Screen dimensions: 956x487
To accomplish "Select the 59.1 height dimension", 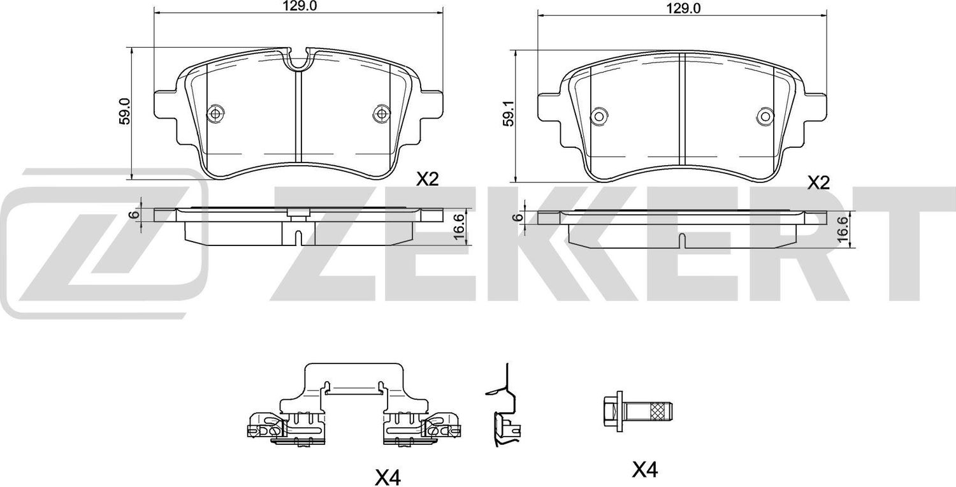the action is coord(508,113).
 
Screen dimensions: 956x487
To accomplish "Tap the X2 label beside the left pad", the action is coord(428,180).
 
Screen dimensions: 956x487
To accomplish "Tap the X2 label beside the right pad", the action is coord(819,183).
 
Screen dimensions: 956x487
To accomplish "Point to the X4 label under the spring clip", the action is coord(388,477).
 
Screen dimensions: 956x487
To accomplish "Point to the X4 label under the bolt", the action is coord(645,470).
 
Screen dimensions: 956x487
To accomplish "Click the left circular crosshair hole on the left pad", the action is coord(215,113).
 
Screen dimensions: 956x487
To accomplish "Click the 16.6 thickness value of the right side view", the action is coord(843,229).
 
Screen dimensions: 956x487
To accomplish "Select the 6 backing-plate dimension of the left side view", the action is coord(136,215).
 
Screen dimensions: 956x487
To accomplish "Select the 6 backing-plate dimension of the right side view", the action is coord(519,217).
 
